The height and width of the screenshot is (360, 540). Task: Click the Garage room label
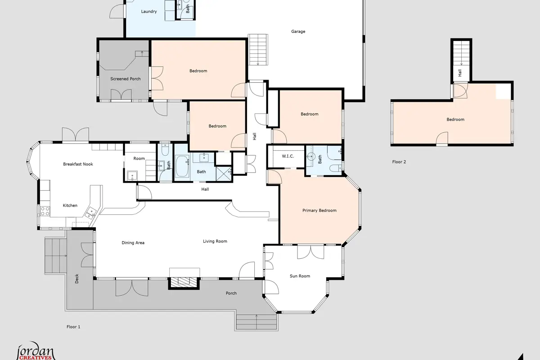point(298,31)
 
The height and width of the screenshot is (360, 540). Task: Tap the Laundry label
point(149,11)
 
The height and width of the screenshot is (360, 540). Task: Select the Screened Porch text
point(126,79)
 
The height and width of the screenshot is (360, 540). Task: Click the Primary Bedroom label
point(319,211)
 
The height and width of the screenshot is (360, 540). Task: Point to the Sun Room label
point(300,276)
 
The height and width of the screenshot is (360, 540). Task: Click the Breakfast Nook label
point(78,164)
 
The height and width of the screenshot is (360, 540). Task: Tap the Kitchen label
point(70,206)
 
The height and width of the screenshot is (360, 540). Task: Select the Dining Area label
point(133,243)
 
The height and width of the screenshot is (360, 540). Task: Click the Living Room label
point(215,241)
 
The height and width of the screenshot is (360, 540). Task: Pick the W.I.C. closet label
point(288,156)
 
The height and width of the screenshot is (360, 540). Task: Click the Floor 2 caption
point(399,162)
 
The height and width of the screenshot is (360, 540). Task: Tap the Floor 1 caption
point(73,327)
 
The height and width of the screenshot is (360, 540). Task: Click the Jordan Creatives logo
point(36,351)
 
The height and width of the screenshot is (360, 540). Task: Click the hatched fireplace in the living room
point(184,282)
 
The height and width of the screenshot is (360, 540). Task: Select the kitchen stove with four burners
point(45,211)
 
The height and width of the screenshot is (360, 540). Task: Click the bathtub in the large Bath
point(182,166)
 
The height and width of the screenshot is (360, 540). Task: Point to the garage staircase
point(258,49)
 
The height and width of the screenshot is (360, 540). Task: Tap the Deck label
point(76,279)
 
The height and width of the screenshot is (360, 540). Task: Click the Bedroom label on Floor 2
point(455,119)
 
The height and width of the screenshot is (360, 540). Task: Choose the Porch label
point(231,293)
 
